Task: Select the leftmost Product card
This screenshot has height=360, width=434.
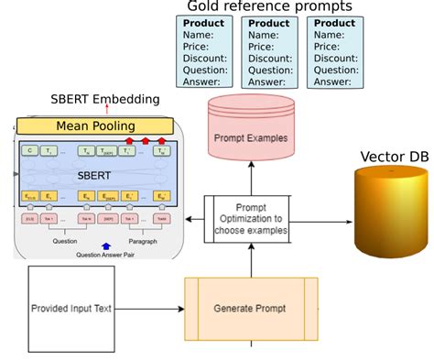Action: [x=204, y=53]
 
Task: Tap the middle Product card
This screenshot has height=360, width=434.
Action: [x=269, y=53]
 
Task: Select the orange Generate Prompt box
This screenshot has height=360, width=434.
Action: [x=251, y=310]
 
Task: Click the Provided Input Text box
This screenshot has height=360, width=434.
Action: [x=71, y=309]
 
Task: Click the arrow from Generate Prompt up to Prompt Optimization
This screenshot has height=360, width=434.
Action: [x=251, y=263]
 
